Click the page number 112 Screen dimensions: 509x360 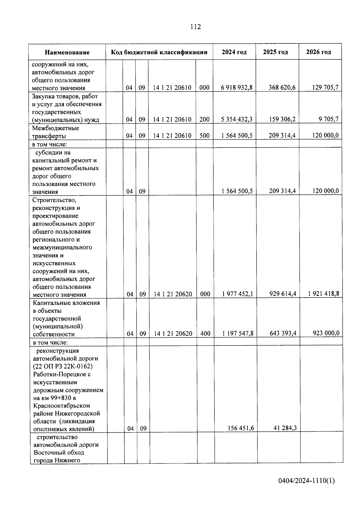[x=196, y=27]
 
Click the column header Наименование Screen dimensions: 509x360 [x=67, y=52]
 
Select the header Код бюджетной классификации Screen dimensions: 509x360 [x=159, y=52]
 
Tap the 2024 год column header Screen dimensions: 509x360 [x=234, y=52]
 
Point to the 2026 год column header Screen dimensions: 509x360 [x=319, y=52]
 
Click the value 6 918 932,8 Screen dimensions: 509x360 [x=237, y=88]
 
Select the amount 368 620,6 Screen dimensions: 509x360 [x=282, y=87]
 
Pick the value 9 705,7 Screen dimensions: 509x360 [x=328, y=119]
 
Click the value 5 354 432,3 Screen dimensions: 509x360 [x=237, y=119]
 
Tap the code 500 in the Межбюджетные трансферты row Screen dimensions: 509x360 [x=204, y=136]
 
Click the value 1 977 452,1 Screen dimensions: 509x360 [x=238, y=294]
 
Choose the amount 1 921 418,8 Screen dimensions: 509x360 [x=323, y=294]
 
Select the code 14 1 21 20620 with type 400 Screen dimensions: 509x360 [x=173, y=334]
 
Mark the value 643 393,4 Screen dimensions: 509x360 [x=283, y=333]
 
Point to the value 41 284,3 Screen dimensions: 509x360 [x=285, y=428]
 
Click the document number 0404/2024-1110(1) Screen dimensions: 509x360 [x=306, y=481]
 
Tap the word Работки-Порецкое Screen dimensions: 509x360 [x=62, y=374]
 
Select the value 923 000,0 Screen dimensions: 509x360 [x=326, y=333]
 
